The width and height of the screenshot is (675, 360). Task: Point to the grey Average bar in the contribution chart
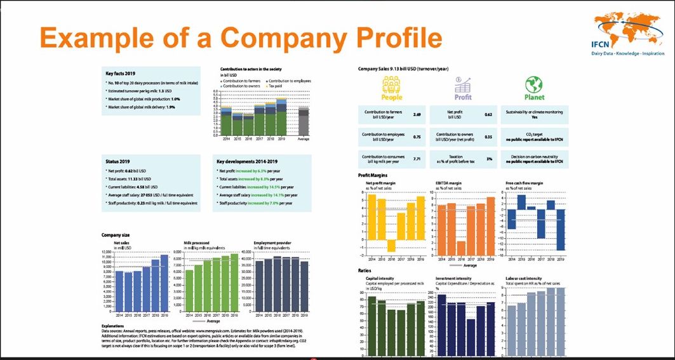tap(304, 121)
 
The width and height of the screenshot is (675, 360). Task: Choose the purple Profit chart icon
tap(464, 85)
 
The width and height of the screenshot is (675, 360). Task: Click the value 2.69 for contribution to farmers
tap(417, 115)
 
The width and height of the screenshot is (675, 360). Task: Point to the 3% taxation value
tap(488, 159)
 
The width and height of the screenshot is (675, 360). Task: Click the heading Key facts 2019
tap(121, 74)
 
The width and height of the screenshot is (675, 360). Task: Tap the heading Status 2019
tap(117, 161)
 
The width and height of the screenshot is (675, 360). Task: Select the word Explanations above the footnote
tap(114, 326)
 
